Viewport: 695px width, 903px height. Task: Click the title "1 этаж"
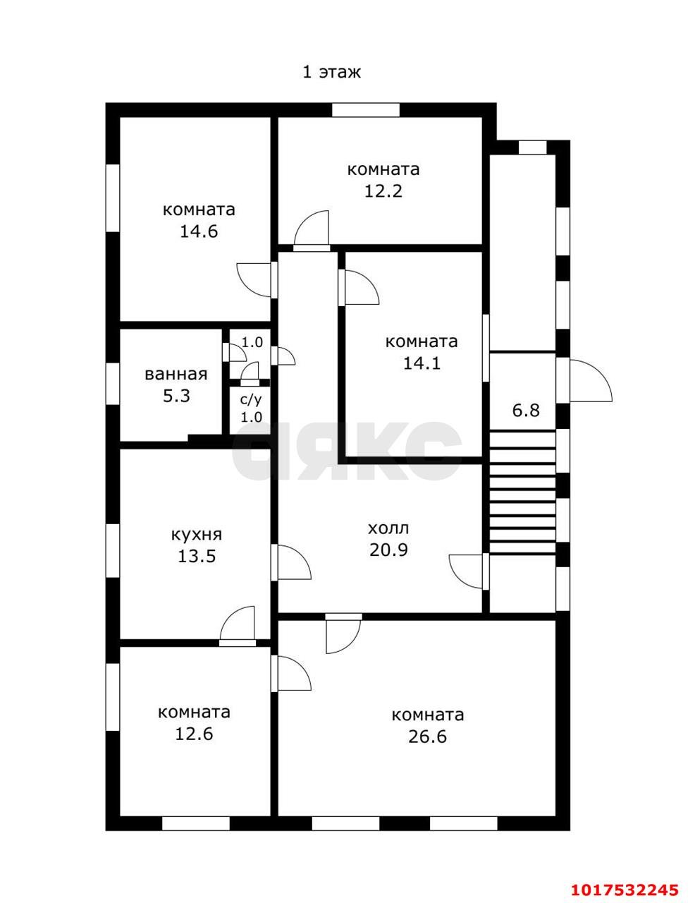tap(331, 72)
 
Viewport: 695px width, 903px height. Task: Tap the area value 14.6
tap(199, 231)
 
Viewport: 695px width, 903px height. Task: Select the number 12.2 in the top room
tap(383, 191)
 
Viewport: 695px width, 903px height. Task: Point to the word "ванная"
tap(176, 375)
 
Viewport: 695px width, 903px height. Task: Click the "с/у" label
tap(251, 400)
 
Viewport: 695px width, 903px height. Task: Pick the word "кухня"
tap(197, 535)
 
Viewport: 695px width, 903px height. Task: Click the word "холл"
tap(388, 528)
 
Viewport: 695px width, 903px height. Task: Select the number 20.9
tap(388, 550)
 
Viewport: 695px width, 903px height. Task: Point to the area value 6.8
tap(526, 411)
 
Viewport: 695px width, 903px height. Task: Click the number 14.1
tap(422, 363)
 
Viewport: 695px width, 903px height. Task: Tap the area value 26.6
tap(428, 737)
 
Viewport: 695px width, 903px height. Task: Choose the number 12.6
tap(194, 734)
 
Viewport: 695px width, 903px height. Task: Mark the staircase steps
tap(523, 492)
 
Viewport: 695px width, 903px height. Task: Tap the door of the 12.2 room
tap(312, 231)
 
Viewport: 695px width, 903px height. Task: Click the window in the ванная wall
tap(113, 383)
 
